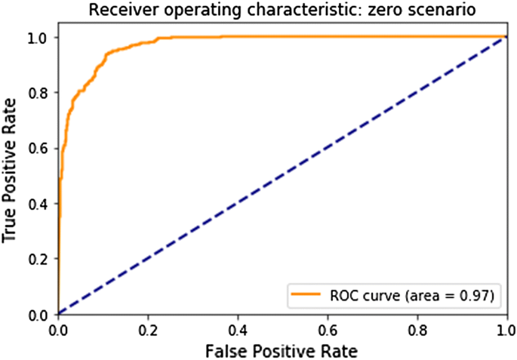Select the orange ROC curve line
302,37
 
